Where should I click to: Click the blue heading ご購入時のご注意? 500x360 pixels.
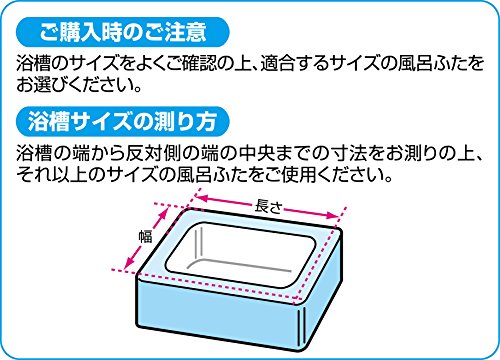[123, 32]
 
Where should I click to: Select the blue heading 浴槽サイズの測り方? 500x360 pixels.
[123, 121]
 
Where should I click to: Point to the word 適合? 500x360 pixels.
[278, 64]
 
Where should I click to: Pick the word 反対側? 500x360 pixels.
[153, 153]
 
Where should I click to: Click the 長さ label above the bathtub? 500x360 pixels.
[268, 206]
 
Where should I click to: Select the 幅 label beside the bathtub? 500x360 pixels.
[145, 236]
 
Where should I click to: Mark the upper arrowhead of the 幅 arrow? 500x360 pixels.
[163, 213]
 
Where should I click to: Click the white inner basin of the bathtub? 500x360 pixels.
[240, 254]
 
